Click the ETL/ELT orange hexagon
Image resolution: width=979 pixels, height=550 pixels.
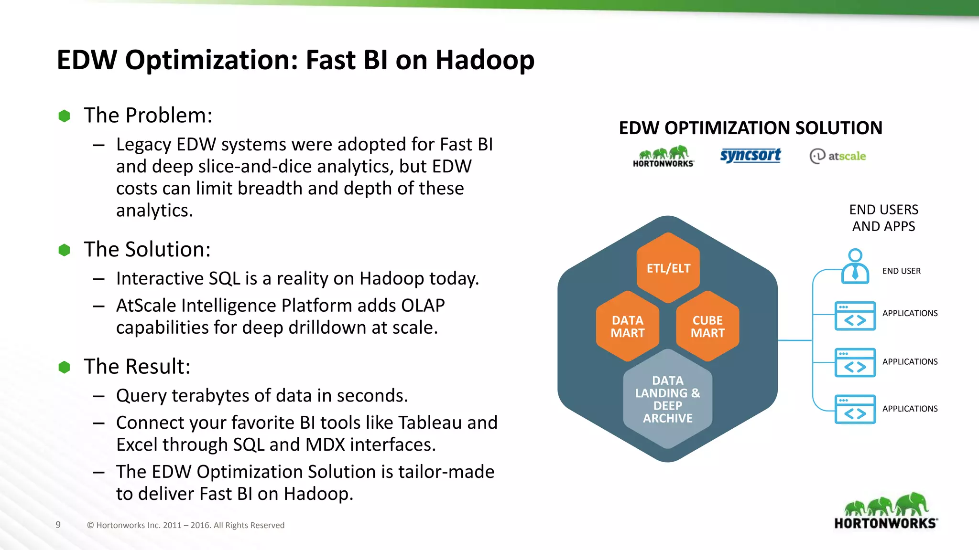click(668, 268)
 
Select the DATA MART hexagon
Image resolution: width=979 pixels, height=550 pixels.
click(627, 327)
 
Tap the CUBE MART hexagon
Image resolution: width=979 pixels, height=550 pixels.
click(707, 327)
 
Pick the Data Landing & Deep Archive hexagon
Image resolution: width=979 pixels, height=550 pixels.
click(667, 399)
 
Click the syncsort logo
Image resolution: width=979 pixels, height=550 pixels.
click(750, 155)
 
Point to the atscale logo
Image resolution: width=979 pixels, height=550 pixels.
click(838, 156)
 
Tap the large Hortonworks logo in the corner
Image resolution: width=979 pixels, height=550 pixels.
click(886, 511)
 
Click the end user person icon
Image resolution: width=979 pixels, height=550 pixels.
click(855, 266)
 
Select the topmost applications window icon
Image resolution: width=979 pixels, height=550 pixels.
click(855, 316)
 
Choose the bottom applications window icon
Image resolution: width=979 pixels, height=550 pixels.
click(855, 409)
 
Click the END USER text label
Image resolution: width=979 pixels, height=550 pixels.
click(901, 271)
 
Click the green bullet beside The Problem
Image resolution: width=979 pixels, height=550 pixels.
click(64, 116)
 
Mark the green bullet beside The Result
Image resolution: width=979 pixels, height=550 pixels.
click(64, 367)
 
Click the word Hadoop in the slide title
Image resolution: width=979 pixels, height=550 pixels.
click(485, 60)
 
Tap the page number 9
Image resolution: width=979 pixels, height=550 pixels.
click(58, 525)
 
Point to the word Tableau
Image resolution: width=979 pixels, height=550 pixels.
click(430, 423)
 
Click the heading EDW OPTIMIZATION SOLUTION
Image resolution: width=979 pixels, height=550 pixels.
click(750, 128)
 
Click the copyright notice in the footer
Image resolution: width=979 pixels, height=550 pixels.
click(185, 525)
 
